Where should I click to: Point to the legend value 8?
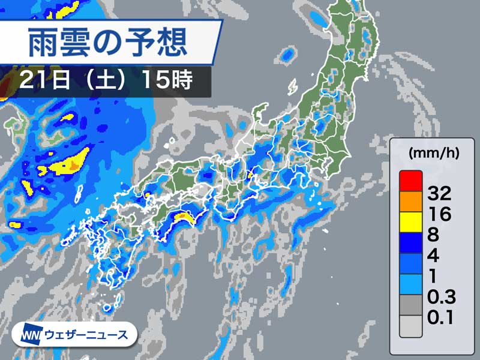click(433, 235)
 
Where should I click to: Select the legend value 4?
click(433, 256)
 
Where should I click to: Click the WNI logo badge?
click(31, 335)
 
